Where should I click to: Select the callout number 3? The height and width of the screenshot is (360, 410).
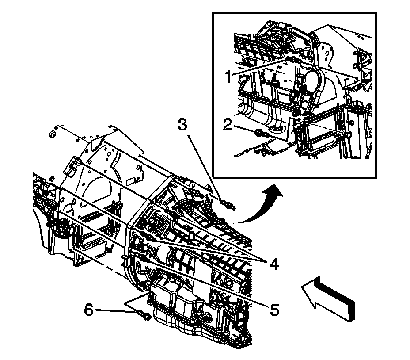point(182,126)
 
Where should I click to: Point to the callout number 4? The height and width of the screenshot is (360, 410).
point(274,264)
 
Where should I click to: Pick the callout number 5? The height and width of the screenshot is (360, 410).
point(274,310)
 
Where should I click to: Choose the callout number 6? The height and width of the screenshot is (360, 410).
point(90,311)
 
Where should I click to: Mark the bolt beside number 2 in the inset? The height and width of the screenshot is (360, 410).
point(260,132)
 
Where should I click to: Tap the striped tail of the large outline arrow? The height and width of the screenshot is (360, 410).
point(344,305)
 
